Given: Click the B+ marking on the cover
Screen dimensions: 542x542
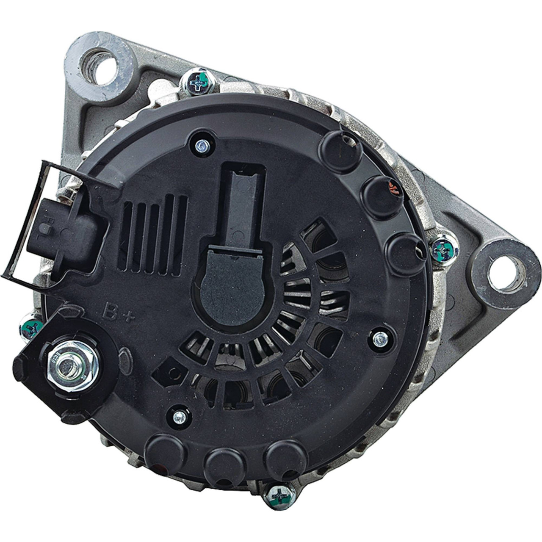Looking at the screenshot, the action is (x=119, y=312).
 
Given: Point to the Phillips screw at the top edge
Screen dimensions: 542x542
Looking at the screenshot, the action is (x=199, y=82).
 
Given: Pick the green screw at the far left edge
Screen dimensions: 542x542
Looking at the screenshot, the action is (x=31, y=328).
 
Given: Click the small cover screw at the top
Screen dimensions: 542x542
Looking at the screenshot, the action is (x=203, y=145).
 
